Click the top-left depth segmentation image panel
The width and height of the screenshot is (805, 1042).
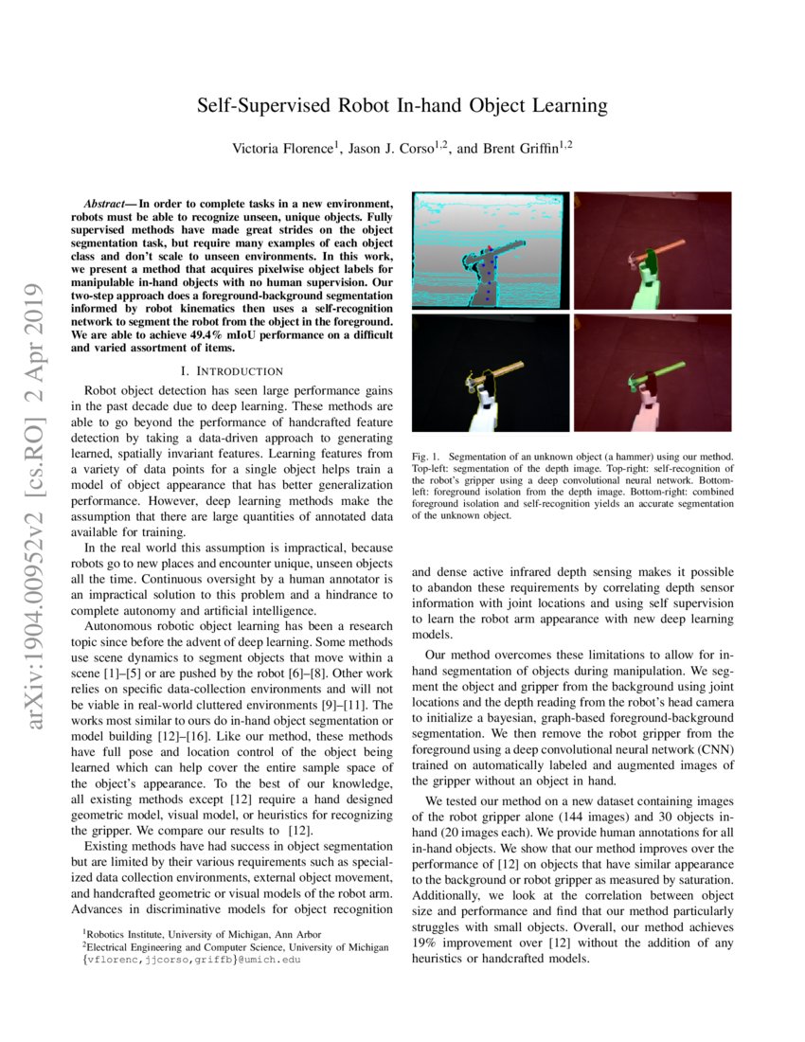[x=490, y=250]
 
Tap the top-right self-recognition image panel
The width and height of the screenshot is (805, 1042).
[x=653, y=250]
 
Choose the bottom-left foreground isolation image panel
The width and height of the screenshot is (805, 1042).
[x=490, y=373]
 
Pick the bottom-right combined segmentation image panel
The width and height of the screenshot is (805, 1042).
[x=653, y=373]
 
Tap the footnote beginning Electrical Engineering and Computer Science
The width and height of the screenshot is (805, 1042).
[x=237, y=946]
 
